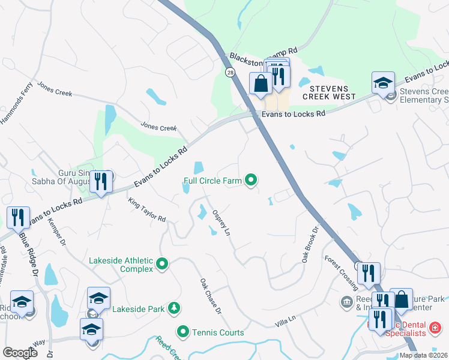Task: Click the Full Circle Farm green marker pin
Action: (252, 179)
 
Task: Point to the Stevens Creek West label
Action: (328, 92)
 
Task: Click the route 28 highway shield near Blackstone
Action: (231, 73)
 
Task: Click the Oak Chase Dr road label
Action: (211, 296)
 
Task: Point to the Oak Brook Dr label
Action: (308, 244)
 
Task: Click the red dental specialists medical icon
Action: (435, 328)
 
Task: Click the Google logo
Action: (20, 353)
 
